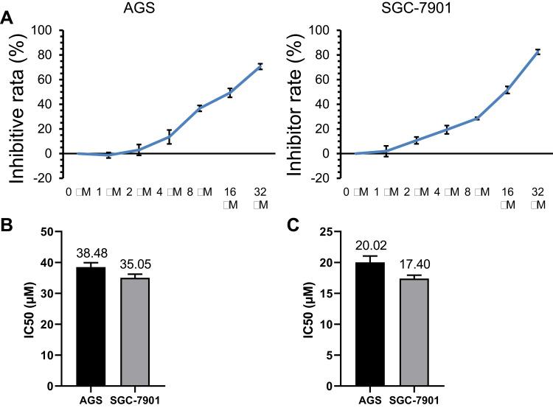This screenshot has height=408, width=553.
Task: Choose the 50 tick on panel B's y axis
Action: pos(58,231)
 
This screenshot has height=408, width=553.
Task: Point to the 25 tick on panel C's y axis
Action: pos(325,231)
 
